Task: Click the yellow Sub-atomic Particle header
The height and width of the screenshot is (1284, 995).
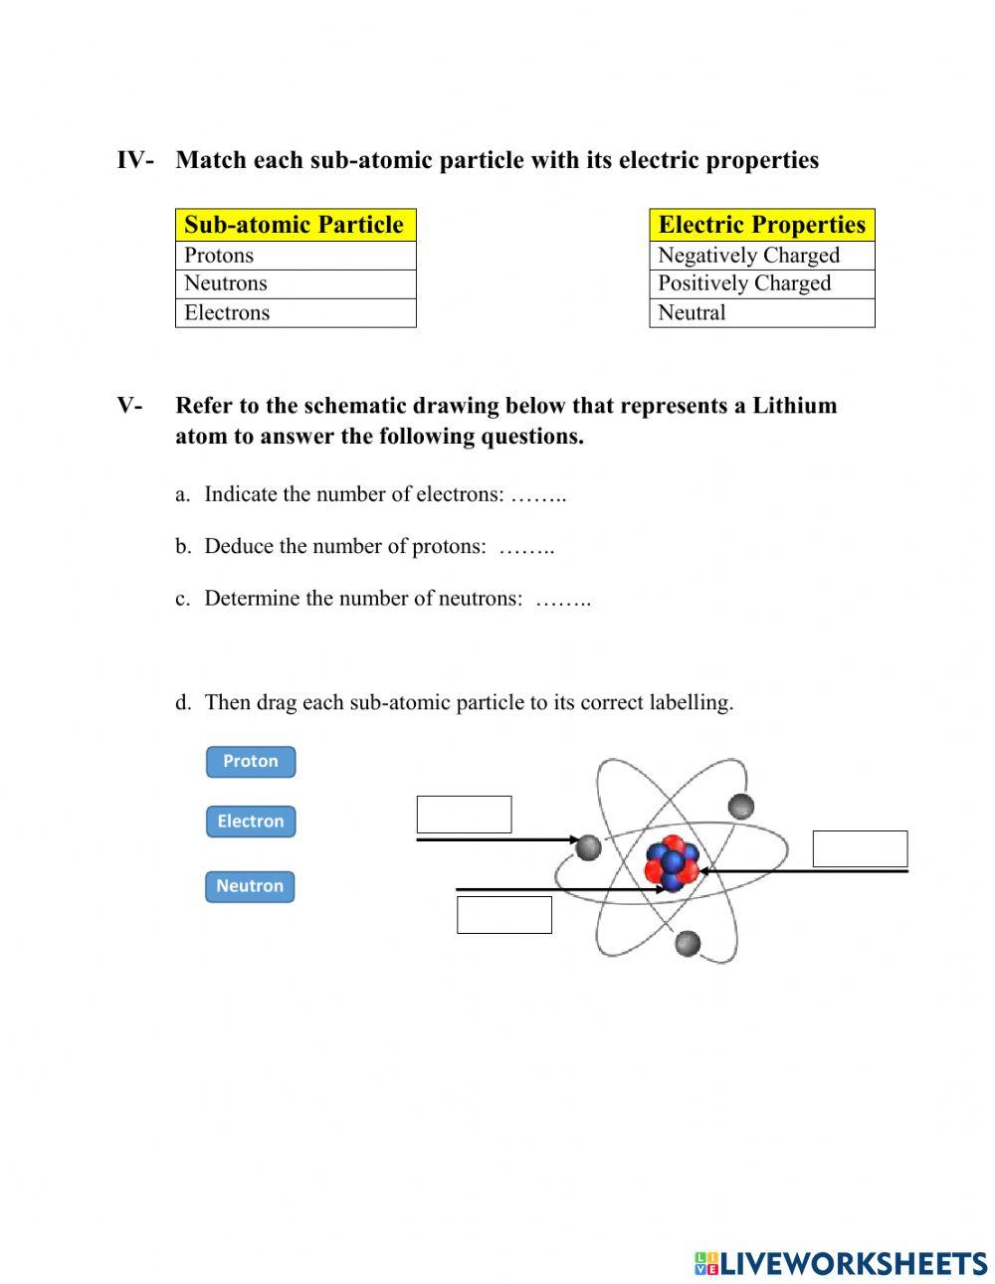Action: pyautogui.click(x=295, y=225)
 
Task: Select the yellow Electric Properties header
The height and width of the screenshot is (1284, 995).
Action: pyautogui.click(x=761, y=225)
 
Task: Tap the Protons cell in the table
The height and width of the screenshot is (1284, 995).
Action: pyautogui.click(x=295, y=256)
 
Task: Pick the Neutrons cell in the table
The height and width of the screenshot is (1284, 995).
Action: pyautogui.click(x=295, y=283)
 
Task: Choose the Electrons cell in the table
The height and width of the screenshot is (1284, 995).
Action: pyautogui.click(x=295, y=312)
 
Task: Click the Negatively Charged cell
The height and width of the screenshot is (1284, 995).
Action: pyautogui.click(x=761, y=256)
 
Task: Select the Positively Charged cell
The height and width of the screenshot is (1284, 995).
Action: pyautogui.click(x=761, y=283)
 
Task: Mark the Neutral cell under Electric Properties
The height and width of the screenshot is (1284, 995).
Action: pyautogui.click(x=761, y=312)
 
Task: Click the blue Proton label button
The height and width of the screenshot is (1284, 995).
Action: pyautogui.click(x=251, y=762)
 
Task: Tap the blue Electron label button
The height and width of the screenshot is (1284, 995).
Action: pyautogui.click(x=251, y=822)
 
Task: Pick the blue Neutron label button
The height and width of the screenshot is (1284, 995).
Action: pyautogui.click(x=250, y=886)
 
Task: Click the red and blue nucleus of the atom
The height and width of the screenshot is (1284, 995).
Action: pyautogui.click(x=672, y=862)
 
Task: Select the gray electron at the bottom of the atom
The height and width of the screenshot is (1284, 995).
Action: pyautogui.click(x=688, y=943)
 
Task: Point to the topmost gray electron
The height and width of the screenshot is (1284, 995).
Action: pyautogui.click(x=741, y=806)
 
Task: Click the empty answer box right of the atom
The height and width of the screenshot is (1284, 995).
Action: pyautogui.click(x=860, y=849)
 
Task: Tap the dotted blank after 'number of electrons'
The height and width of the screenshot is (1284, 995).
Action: pyautogui.click(x=538, y=495)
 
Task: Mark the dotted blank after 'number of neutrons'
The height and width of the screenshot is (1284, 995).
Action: pyautogui.click(x=563, y=599)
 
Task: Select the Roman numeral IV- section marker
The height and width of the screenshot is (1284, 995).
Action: pyautogui.click(x=135, y=160)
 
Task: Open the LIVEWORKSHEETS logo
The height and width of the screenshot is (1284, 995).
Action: pyautogui.click(x=841, y=1263)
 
